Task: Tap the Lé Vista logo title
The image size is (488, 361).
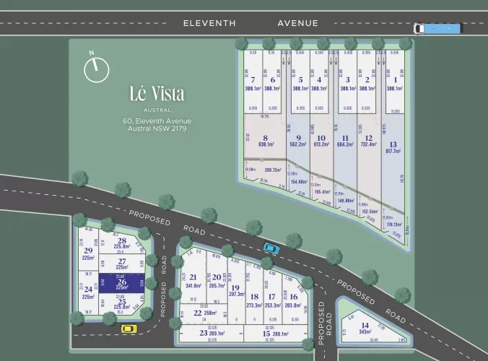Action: (x=157, y=94)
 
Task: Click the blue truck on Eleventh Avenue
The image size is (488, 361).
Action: (x=437, y=29)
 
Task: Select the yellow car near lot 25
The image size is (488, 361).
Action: (x=128, y=329)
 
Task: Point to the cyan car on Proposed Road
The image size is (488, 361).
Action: (x=271, y=248)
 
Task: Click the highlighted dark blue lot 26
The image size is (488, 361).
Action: (x=121, y=283)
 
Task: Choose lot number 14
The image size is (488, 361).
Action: (x=365, y=327)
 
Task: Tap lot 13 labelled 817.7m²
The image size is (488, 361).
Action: (x=393, y=147)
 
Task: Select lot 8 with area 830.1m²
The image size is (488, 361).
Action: (x=265, y=140)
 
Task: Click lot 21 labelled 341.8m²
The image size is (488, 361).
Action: (x=193, y=281)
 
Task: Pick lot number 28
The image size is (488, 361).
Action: (x=122, y=245)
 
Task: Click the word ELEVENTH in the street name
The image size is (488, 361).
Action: (x=209, y=23)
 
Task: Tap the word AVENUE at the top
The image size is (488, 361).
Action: (x=297, y=23)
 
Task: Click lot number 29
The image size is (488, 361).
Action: (x=89, y=253)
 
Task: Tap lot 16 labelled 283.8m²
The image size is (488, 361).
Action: (x=293, y=300)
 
